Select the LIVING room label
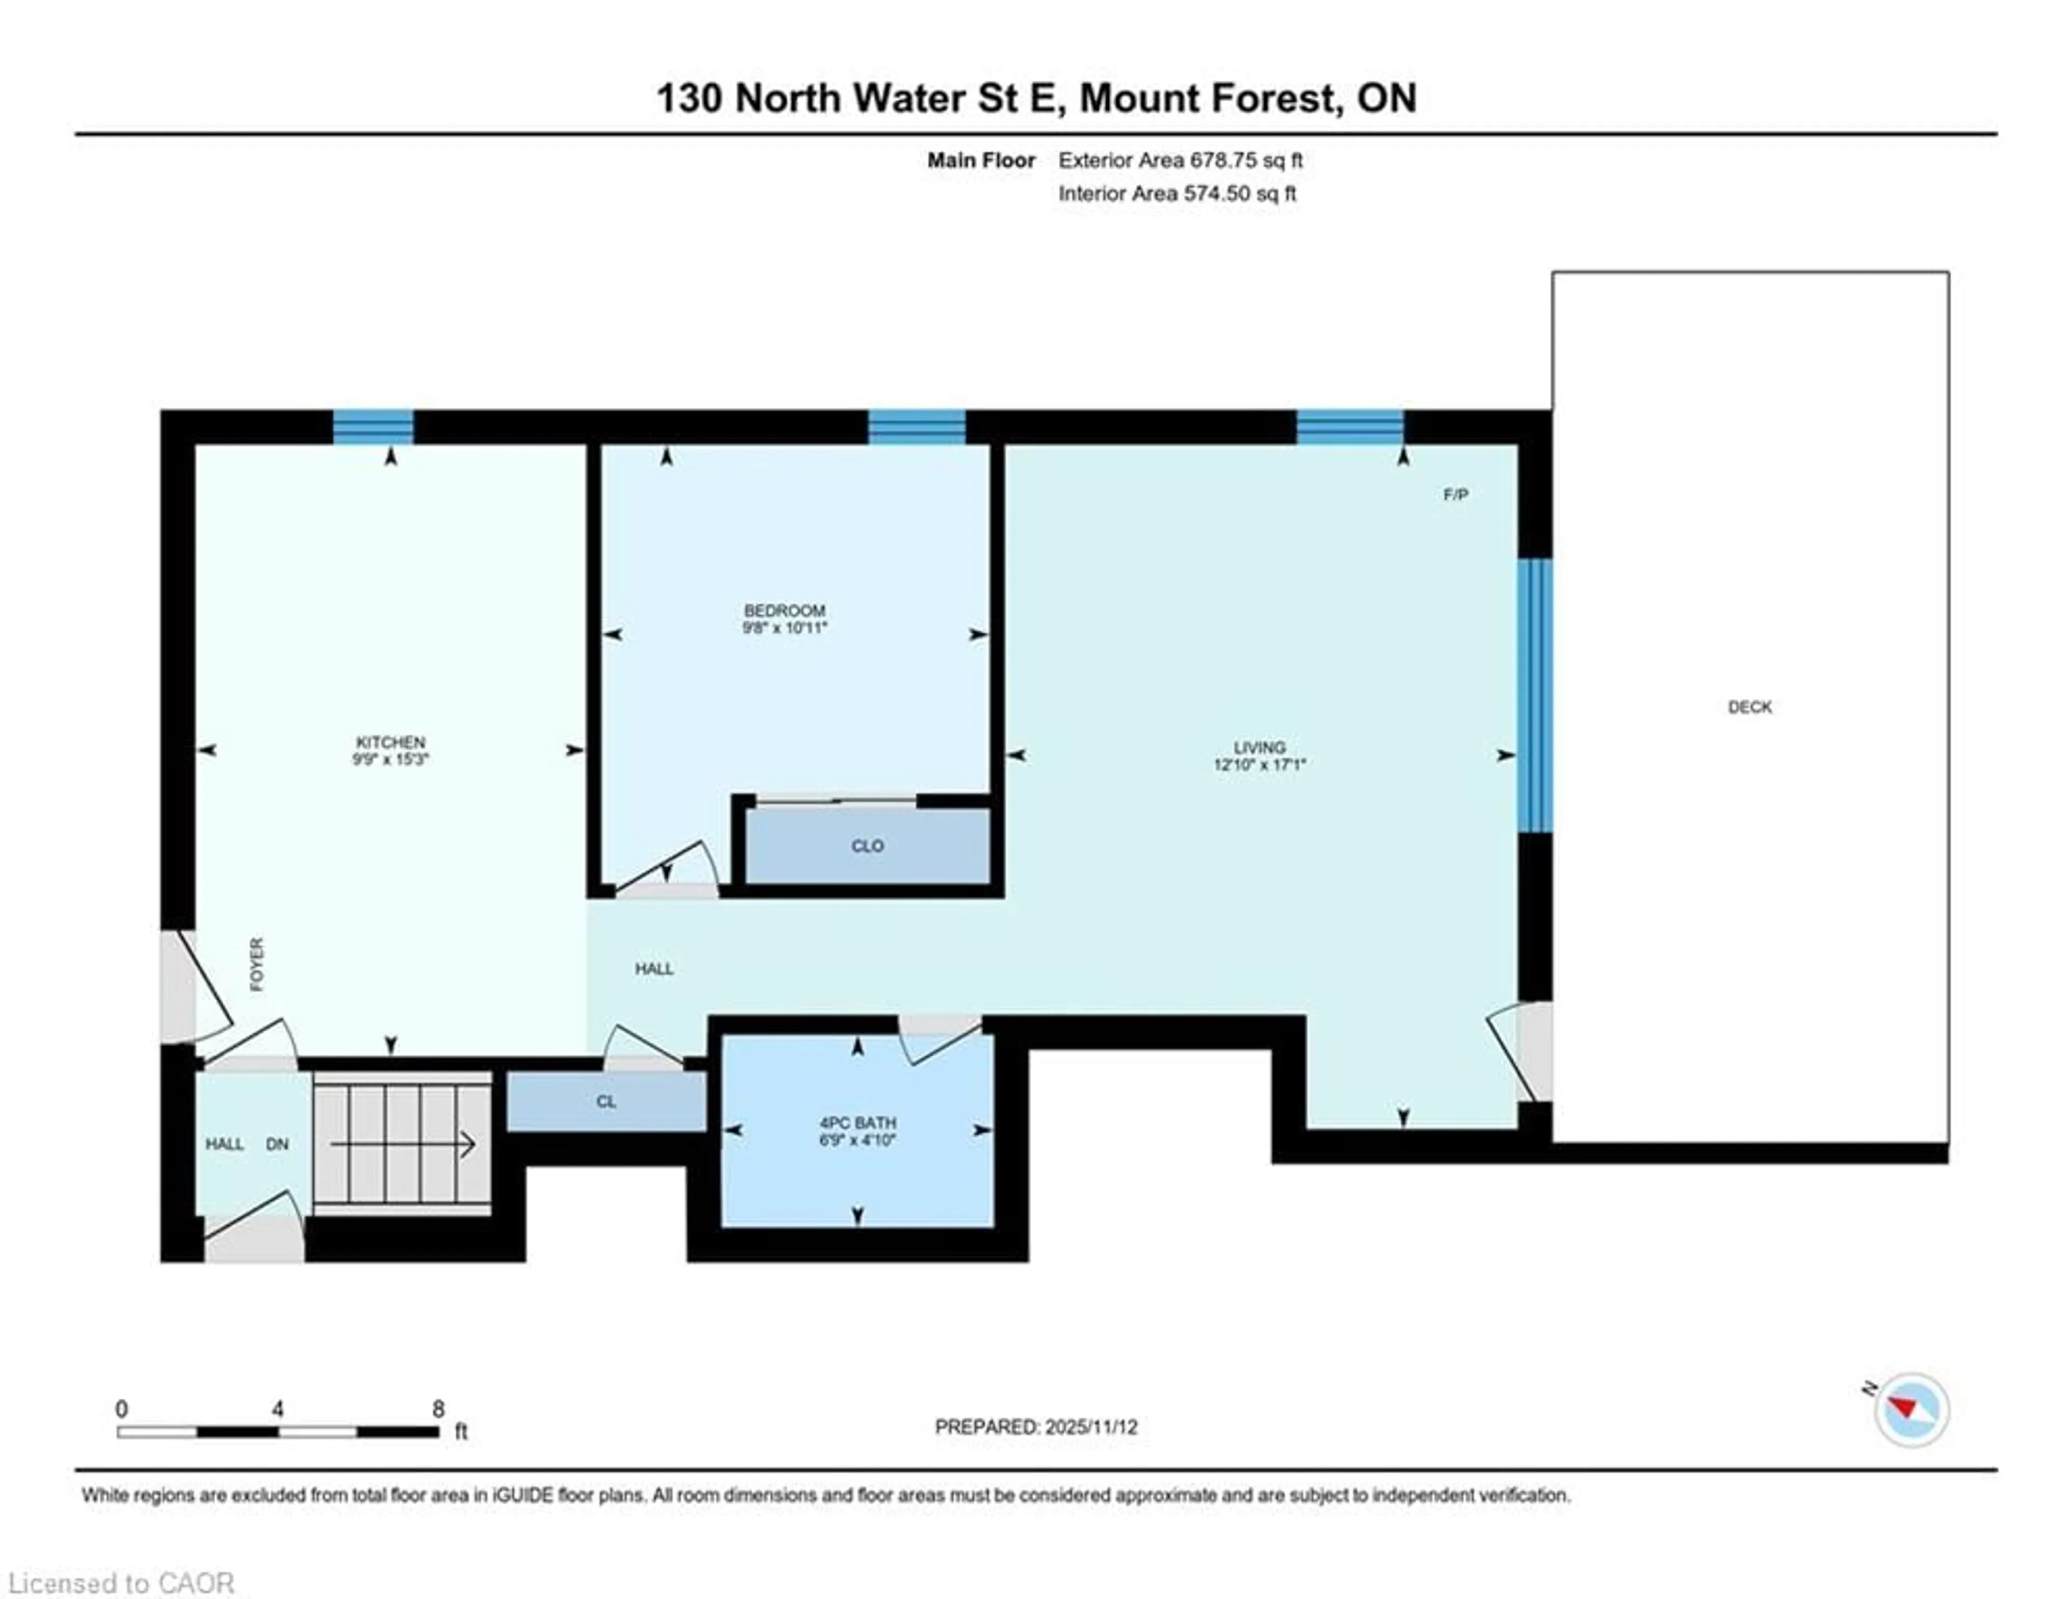point(1259,747)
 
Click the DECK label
point(1750,707)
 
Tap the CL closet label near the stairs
point(606,1101)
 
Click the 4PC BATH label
point(857,1123)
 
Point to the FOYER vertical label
point(257,965)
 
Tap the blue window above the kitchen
point(373,427)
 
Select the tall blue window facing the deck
point(1534,695)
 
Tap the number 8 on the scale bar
point(438,1409)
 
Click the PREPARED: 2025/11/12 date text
point(1035,1426)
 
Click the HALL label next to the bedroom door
point(653,968)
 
